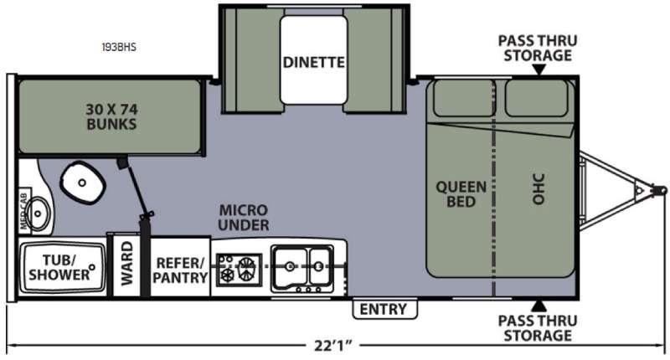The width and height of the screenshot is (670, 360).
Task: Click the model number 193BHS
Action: point(119,47)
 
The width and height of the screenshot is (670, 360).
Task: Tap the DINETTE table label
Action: point(313,62)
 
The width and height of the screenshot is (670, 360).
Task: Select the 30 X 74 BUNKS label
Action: point(111,116)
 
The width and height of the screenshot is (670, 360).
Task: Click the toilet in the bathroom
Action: point(82,183)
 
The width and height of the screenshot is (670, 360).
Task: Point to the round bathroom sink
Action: point(38,213)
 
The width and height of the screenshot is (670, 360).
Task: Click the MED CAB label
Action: point(23,213)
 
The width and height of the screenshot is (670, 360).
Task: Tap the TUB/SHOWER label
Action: point(59,267)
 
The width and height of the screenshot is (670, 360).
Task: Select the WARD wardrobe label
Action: point(127,264)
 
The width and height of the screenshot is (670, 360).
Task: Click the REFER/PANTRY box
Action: point(180,266)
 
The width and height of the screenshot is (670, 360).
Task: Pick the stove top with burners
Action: point(239,270)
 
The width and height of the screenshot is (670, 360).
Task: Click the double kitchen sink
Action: point(302,268)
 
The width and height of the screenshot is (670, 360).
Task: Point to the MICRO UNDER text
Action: point(244,218)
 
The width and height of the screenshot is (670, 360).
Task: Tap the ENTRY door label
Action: point(384,309)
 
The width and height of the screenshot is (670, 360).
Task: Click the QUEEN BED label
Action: point(461,194)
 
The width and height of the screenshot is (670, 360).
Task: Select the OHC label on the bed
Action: point(539,188)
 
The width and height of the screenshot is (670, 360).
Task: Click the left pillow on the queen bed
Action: point(463,98)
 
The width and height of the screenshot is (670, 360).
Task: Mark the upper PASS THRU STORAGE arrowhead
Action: point(539,69)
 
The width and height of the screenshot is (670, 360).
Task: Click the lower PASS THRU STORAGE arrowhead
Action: point(539,306)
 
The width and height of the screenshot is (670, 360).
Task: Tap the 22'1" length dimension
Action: point(333,345)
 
